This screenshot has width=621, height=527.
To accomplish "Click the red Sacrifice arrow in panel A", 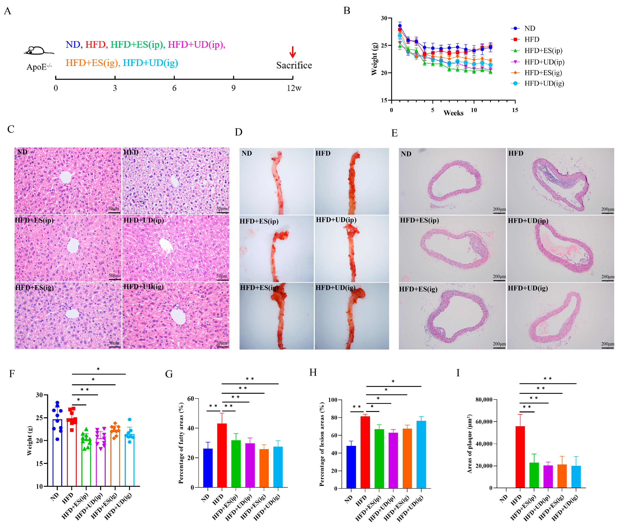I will [293, 52].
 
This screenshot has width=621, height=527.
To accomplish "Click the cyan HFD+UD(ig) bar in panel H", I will [421, 454].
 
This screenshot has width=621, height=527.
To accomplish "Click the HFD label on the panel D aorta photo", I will [323, 153].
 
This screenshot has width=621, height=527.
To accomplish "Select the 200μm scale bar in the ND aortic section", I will [499, 213].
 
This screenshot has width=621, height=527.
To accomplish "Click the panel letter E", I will [394, 133].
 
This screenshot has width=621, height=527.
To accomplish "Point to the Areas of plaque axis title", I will [469, 444].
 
